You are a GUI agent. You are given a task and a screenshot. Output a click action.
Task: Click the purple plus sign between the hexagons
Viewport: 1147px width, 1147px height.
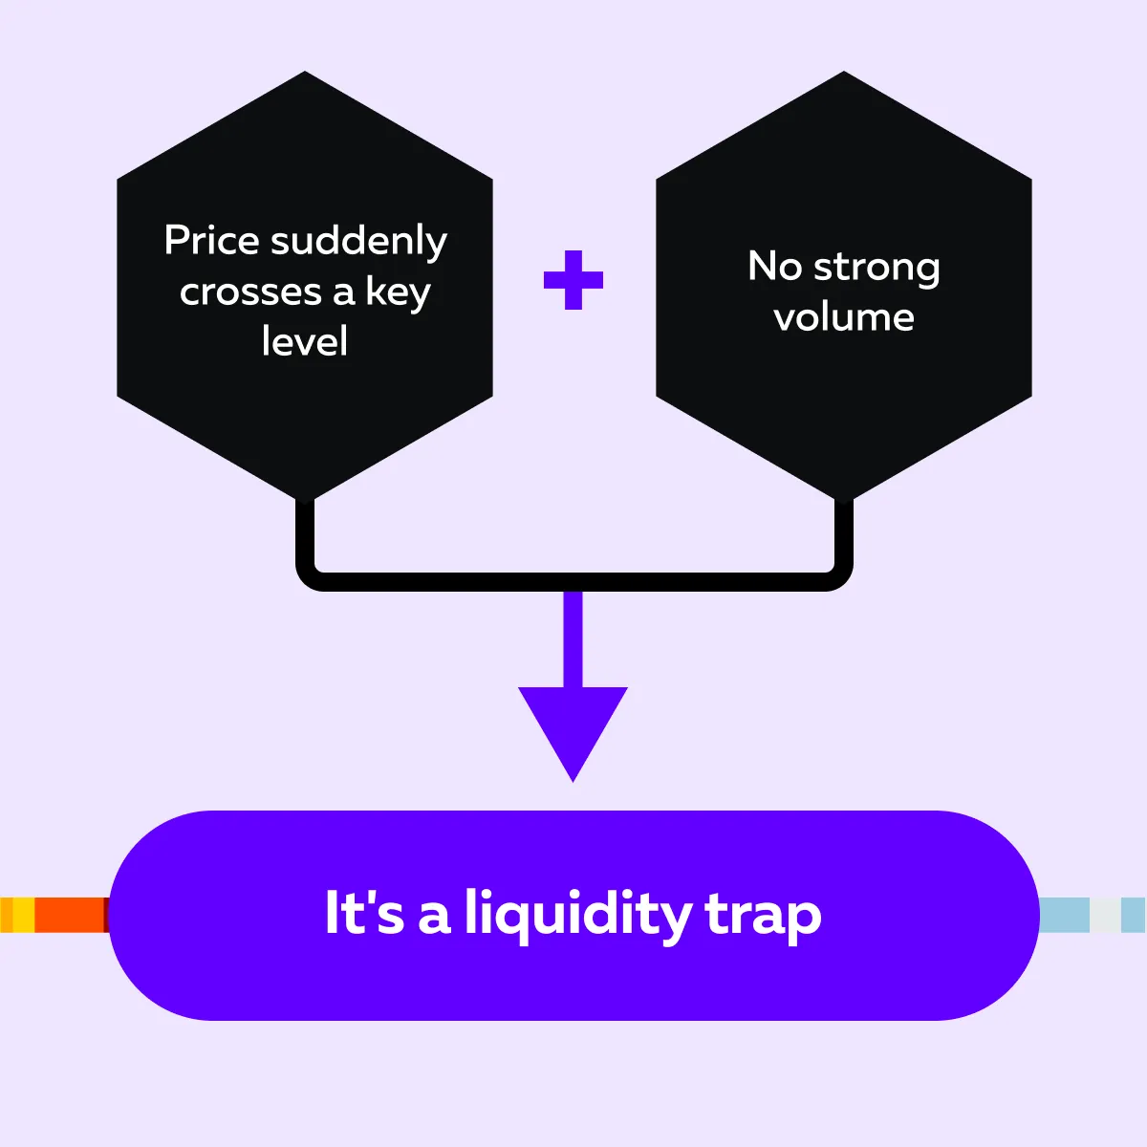tap(573, 280)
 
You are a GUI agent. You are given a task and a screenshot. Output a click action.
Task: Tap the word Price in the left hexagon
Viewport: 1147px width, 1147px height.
tap(212, 240)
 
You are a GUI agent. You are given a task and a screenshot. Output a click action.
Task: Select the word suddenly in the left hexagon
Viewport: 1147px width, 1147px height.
tap(359, 242)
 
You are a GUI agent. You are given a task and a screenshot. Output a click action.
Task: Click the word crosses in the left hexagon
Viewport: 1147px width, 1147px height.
tap(250, 292)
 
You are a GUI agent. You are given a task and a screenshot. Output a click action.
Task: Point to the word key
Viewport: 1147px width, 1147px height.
tap(398, 292)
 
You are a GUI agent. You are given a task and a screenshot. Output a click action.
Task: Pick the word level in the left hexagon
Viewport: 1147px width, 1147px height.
tap(305, 341)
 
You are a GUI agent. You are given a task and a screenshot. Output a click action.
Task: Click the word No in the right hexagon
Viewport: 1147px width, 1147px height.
tap(774, 266)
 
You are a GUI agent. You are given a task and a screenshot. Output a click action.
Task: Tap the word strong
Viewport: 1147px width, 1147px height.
tap(876, 269)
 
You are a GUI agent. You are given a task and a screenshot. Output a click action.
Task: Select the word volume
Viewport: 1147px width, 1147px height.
tap(844, 316)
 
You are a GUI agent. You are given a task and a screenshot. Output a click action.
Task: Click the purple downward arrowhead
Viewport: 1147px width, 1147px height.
tap(573, 726)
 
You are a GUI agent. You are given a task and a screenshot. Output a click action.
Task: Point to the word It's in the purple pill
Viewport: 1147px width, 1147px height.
tap(364, 914)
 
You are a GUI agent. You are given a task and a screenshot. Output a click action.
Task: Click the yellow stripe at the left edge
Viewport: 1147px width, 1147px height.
tap(24, 915)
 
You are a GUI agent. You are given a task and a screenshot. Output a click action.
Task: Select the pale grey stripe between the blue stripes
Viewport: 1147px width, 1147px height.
tap(1105, 915)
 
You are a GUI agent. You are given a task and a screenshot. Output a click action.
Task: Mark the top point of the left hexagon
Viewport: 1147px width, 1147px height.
tap(305, 71)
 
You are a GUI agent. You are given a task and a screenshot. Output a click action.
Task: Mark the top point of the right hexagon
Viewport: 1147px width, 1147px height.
tap(843, 71)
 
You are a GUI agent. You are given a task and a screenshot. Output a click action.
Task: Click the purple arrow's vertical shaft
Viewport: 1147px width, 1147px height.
tap(573, 639)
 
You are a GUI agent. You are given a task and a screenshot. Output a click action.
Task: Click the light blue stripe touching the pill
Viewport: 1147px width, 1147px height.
tap(1064, 915)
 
